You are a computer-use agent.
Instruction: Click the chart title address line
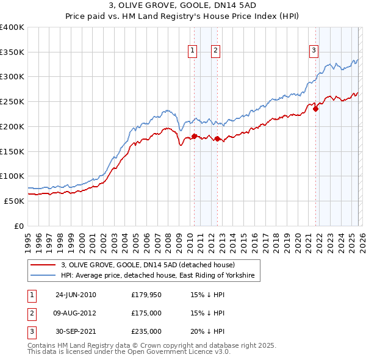pyautogui.click(x=182, y=6)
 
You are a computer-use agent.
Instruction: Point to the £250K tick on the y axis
pyautogui.click(x=12, y=102)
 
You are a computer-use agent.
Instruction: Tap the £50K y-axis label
pyautogui.click(x=14, y=201)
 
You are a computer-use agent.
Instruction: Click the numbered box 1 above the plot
pyautogui.click(x=193, y=51)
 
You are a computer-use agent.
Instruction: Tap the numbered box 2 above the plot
pyautogui.click(x=216, y=51)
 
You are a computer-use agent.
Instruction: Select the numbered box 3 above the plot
pyautogui.click(x=314, y=51)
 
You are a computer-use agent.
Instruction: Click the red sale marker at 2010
pyautogui.click(x=194, y=136)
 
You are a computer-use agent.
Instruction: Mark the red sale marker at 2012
pyautogui.click(x=217, y=139)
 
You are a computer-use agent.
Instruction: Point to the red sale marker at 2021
pyautogui.click(x=315, y=109)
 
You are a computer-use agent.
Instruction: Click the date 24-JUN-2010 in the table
pyautogui.click(x=76, y=295)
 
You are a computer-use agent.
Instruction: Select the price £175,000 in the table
pyautogui.click(x=146, y=313)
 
